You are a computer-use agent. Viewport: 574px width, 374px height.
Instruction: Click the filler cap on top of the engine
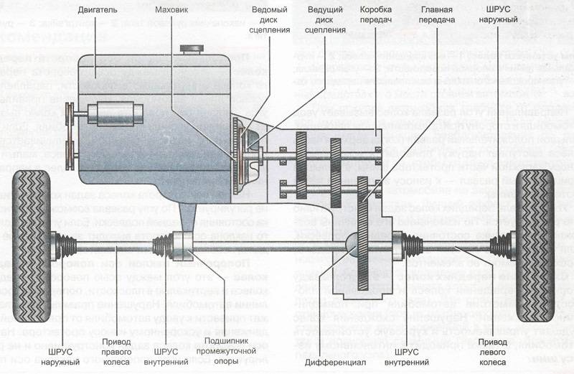pyautogui.click(x=191, y=50)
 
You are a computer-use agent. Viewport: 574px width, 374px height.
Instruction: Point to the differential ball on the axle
pyautogui.click(x=354, y=242)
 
